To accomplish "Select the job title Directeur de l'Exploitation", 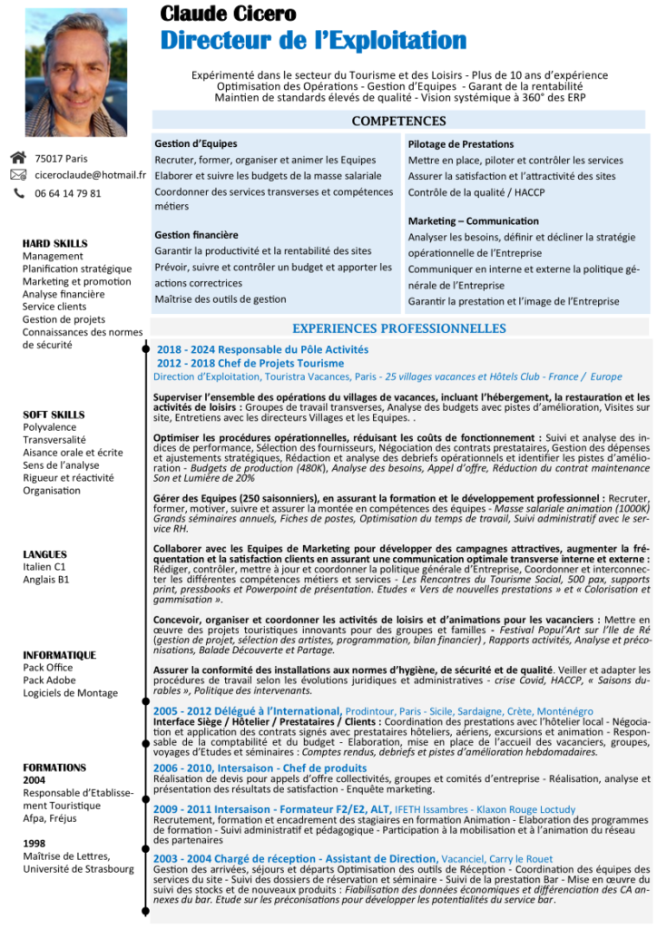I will (313, 41).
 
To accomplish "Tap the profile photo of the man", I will (75, 72).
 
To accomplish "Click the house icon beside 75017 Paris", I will (18, 158).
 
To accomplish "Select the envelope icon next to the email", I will (18, 175).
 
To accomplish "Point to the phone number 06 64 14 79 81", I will (68, 193).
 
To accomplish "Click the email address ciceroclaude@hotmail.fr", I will (91, 175).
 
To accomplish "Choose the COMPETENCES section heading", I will (398, 122).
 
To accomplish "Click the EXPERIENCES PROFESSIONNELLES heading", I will (398, 328).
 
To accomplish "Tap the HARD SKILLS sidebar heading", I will (55, 243).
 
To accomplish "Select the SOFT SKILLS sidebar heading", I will (54, 415).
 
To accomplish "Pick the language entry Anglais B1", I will (46, 579).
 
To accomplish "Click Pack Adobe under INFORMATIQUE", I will (50, 680).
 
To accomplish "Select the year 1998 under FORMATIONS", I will (34, 843).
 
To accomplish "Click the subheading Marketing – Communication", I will (473, 220).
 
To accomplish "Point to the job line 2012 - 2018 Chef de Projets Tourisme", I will (250, 363).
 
